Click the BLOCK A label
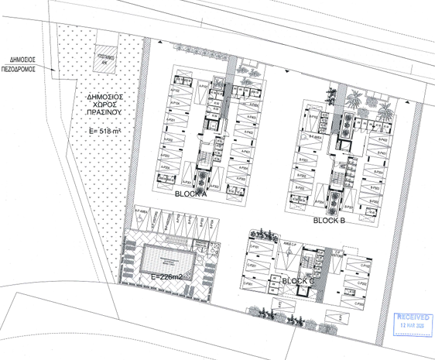point(191,194)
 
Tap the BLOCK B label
point(329,220)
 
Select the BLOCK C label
point(299,280)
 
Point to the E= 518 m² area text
point(108,132)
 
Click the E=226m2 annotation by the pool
point(166,276)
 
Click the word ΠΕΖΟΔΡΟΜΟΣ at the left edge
point(23,67)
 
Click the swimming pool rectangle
point(166,258)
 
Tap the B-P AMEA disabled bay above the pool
point(142,211)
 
